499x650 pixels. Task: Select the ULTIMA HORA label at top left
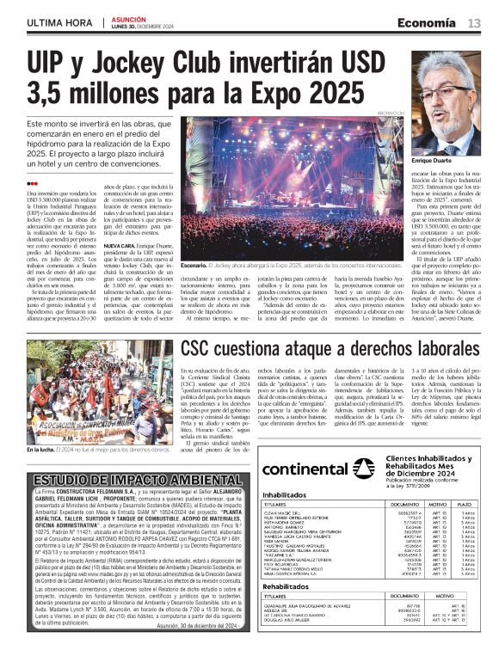tap(59, 23)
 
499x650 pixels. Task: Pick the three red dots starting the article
tap(32, 183)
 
